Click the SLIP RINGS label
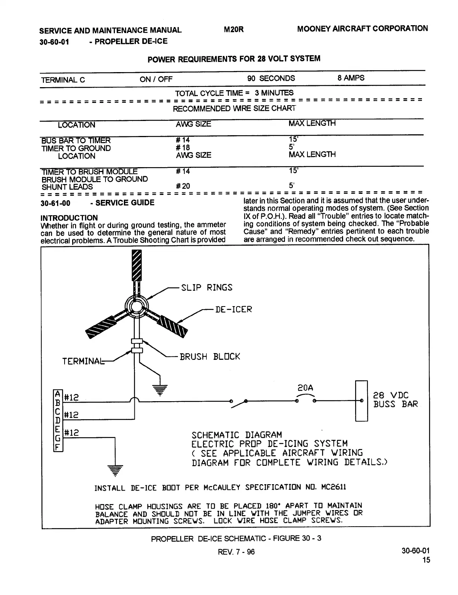coord(206,288)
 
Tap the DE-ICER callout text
coord(233,310)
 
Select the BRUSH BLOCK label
coord(209,356)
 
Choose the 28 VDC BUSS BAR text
coord(395,400)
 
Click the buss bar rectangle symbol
coord(361,400)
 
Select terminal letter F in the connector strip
coord(57,447)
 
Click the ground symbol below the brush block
coord(160,390)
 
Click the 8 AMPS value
coord(351,78)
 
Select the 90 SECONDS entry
coord(271,79)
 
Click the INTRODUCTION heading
coord(69,217)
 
